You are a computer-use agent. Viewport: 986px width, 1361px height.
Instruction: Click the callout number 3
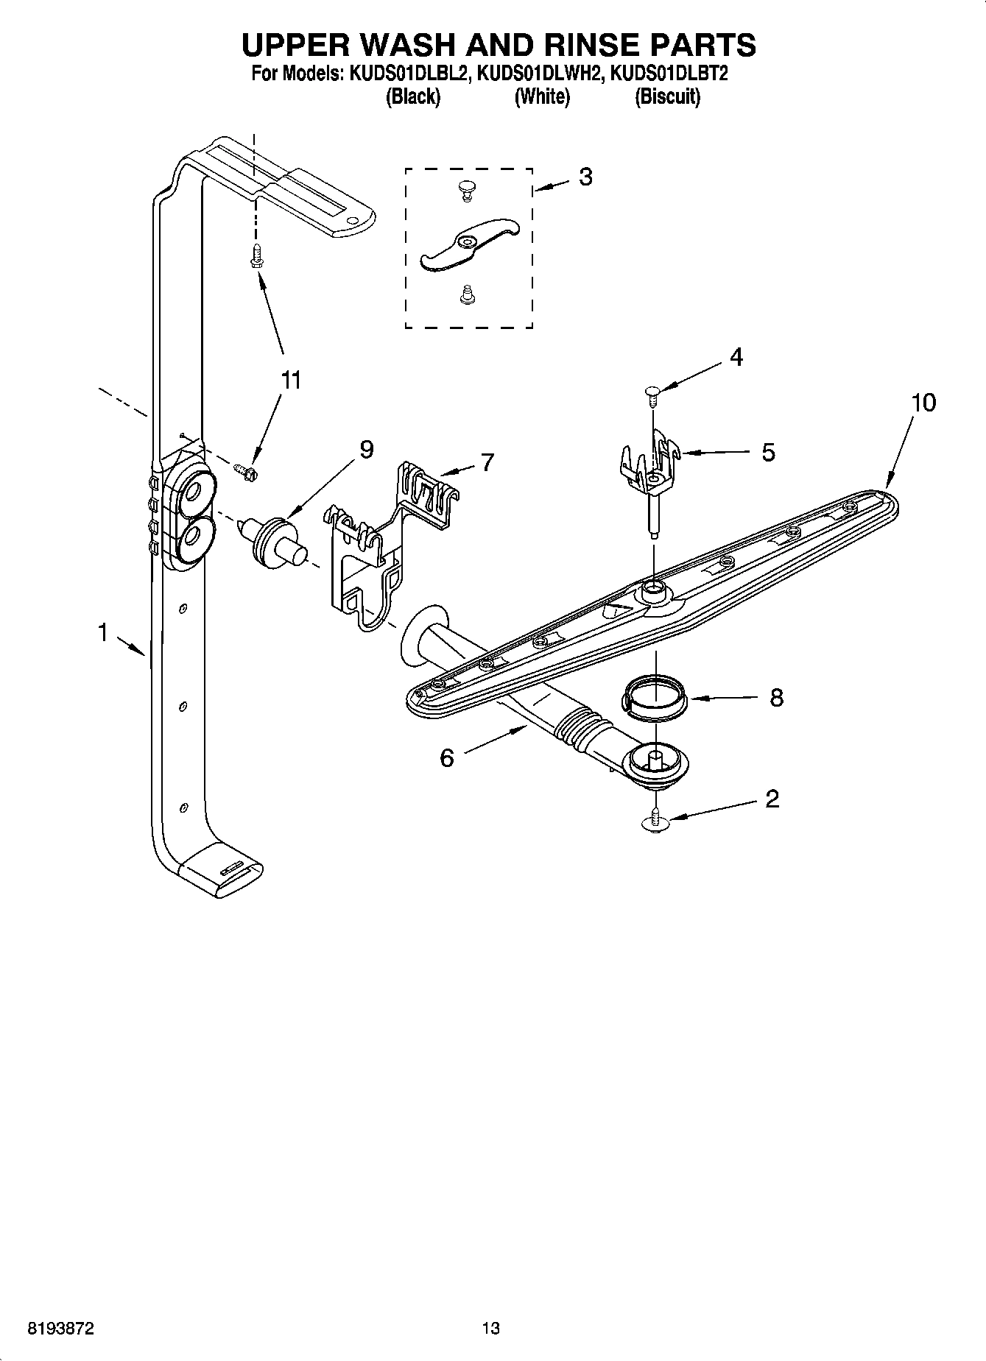(x=585, y=177)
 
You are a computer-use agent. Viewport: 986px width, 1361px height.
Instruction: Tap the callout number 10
(x=923, y=403)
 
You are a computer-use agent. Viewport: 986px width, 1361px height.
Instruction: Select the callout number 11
(x=291, y=381)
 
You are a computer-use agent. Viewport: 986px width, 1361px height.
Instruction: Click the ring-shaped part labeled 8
(x=655, y=696)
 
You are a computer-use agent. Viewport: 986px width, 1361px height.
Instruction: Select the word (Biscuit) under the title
(x=667, y=96)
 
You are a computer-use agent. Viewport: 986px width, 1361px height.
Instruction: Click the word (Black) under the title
(x=413, y=96)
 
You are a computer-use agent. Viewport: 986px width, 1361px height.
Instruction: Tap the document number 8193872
(x=60, y=1329)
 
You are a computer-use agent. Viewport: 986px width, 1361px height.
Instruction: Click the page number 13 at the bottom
(x=490, y=1329)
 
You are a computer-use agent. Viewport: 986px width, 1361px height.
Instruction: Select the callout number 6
(x=447, y=757)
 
